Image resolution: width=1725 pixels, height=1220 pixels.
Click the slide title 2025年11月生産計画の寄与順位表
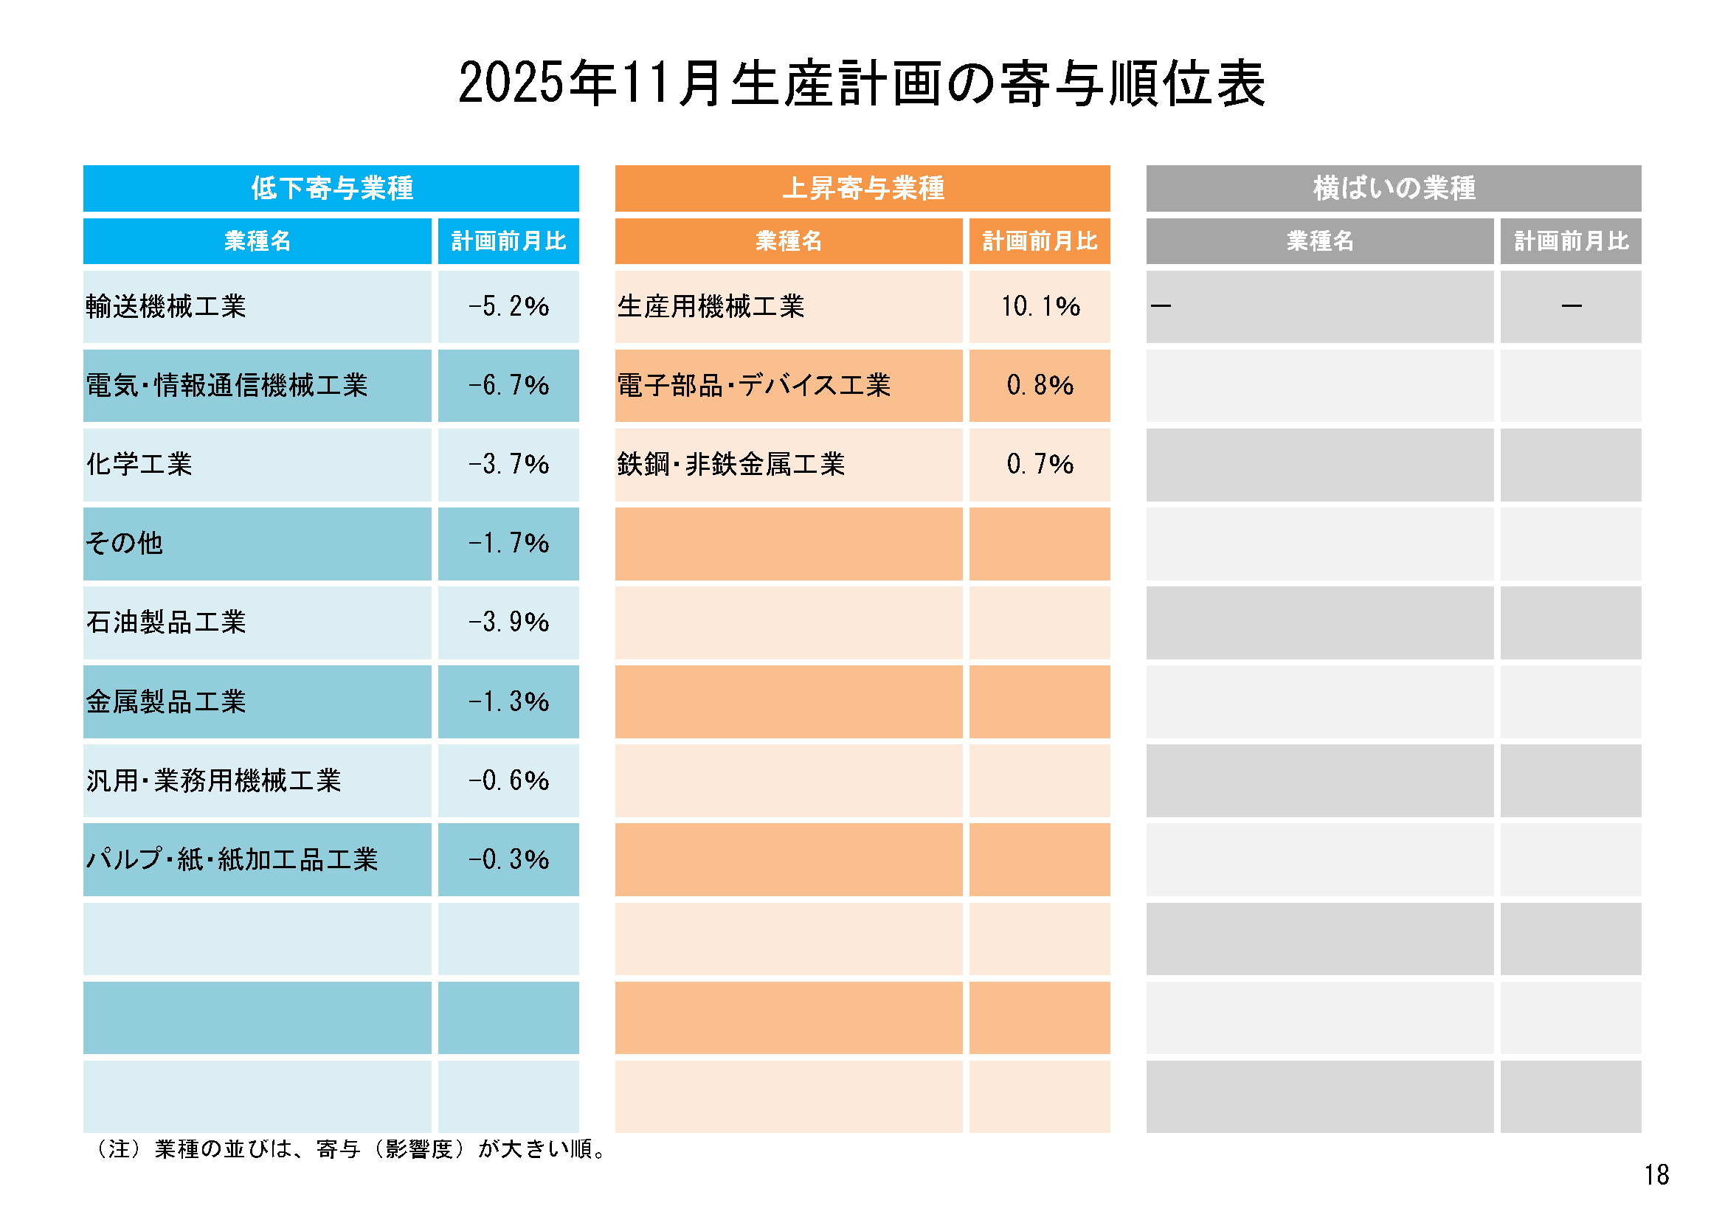click(x=862, y=83)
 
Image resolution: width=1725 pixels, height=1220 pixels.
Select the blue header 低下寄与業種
click(x=331, y=188)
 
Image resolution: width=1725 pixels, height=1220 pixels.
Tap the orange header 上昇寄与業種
click(x=863, y=188)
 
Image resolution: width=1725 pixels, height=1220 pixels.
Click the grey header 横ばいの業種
click(x=1394, y=188)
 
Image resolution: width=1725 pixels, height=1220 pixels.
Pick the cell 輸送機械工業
click(x=166, y=307)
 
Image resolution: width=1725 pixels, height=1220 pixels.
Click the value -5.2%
click(x=508, y=307)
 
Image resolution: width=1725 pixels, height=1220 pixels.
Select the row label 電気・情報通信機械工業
click(x=227, y=385)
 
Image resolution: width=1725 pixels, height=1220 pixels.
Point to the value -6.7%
click(x=508, y=385)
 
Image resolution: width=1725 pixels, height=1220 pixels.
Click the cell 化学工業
click(x=139, y=464)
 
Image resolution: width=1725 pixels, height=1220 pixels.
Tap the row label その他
click(x=125, y=543)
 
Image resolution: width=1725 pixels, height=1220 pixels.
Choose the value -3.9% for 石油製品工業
click(x=508, y=622)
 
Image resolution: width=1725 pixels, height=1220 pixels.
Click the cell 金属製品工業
click(x=166, y=701)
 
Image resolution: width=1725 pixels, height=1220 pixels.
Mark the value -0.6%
click(x=508, y=780)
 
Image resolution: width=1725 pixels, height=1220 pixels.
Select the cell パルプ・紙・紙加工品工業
click(x=232, y=859)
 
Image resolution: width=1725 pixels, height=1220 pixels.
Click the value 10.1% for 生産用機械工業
click(x=1040, y=307)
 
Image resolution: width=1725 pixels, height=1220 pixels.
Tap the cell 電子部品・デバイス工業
click(x=753, y=385)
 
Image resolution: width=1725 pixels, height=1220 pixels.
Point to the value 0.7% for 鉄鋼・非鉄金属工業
click(x=1040, y=464)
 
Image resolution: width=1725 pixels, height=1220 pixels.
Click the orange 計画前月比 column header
click(x=1040, y=241)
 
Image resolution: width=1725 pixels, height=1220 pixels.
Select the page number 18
click(x=1656, y=1175)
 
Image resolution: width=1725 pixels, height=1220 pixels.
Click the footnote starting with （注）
click(x=350, y=1149)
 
